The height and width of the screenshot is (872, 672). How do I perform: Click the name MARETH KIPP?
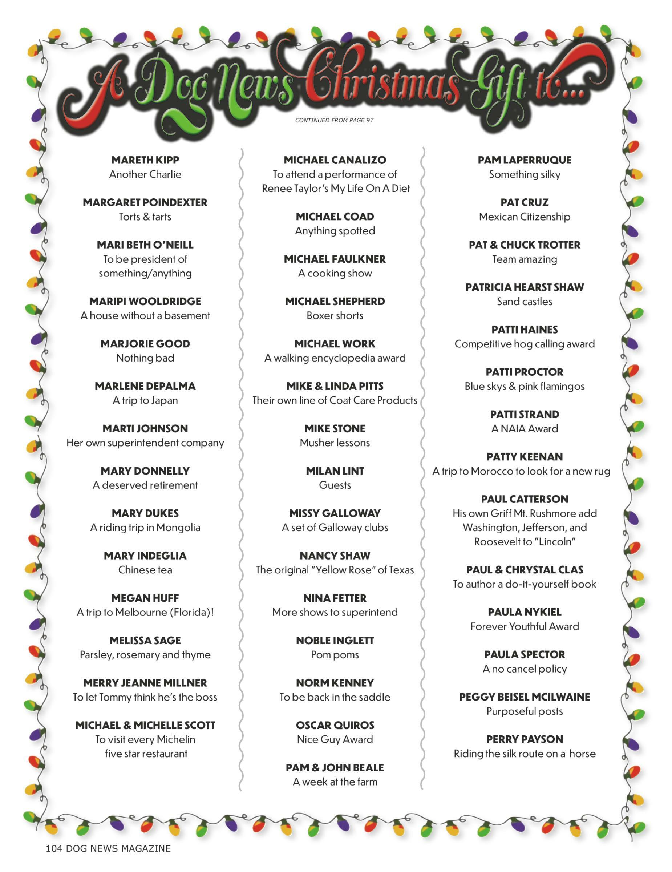[x=145, y=160]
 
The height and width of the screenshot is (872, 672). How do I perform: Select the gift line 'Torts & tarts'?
[x=145, y=217]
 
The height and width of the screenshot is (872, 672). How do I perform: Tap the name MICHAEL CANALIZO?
[x=335, y=160]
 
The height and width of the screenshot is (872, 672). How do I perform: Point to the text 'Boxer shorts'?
[x=335, y=315]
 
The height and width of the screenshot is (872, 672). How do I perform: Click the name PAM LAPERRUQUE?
[x=525, y=160]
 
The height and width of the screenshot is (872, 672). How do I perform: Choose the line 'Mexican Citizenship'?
[x=525, y=217]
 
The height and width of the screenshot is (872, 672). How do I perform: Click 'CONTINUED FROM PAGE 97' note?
[x=334, y=120]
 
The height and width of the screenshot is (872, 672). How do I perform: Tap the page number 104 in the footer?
[x=54, y=848]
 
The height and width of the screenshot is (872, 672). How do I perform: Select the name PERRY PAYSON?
[x=525, y=739]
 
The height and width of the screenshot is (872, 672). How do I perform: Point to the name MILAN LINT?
[x=335, y=471]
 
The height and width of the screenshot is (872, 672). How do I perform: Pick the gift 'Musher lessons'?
[x=335, y=443]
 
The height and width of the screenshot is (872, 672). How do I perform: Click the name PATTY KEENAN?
[x=525, y=456]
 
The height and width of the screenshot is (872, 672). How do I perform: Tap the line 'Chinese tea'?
[x=145, y=570]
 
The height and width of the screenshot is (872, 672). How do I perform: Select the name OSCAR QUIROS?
[x=335, y=725]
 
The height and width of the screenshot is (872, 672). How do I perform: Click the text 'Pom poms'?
[x=335, y=654]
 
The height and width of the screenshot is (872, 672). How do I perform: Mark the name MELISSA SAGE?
[x=145, y=641]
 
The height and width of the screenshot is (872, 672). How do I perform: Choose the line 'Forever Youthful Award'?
[x=525, y=626]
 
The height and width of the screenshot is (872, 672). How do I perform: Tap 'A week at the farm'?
[x=335, y=782]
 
